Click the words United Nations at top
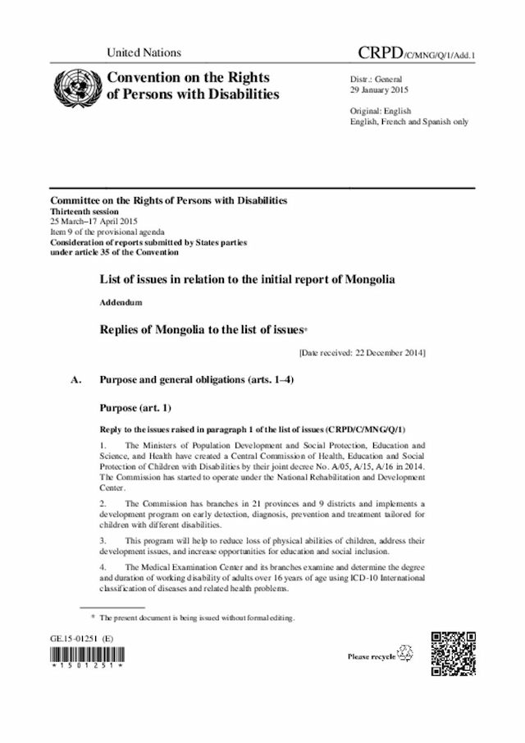[144, 53]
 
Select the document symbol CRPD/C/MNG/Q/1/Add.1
[418, 53]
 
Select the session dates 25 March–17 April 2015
[94, 222]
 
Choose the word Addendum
[121, 303]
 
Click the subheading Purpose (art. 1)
[135, 407]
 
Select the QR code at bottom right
[454, 654]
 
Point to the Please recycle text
[372, 656]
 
